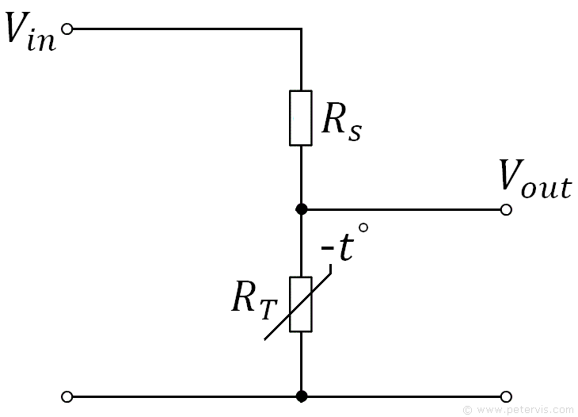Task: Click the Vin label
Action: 31,32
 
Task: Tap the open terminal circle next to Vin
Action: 67,29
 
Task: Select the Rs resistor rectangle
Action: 301,118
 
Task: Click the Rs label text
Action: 342,122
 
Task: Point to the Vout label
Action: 535,179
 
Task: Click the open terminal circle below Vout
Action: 507,209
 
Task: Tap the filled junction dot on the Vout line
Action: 302,209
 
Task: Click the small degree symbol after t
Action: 363,228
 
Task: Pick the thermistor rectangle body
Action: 301,304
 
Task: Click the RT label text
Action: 254,301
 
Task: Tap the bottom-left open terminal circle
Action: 67,396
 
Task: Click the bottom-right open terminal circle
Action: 507,396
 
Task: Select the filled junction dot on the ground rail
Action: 302,396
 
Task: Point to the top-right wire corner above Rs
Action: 302,29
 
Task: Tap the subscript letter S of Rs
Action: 356,133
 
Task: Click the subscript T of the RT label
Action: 268,310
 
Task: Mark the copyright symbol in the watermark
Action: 467,410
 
